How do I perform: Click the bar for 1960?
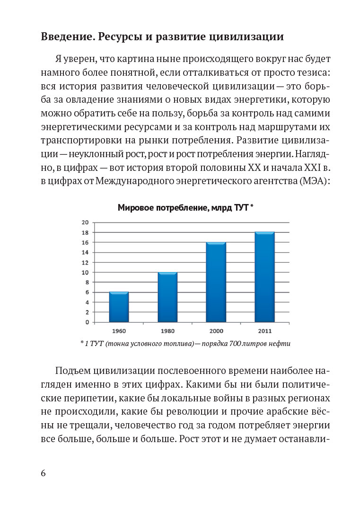[119, 307]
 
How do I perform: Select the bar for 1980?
[167, 297]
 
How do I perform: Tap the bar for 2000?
[216, 282]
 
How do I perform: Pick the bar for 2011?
[265, 277]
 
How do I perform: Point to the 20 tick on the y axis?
[85, 222]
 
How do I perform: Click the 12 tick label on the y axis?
[85, 262]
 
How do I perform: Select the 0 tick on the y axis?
[87, 322]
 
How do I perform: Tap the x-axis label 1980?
[167, 331]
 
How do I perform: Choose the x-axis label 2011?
[265, 331]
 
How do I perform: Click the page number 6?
[44, 473]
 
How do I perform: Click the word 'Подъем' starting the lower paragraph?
[72, 370]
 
